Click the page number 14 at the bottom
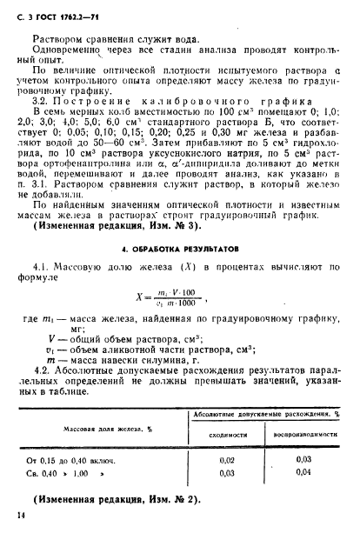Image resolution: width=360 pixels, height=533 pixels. click(21, 517)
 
